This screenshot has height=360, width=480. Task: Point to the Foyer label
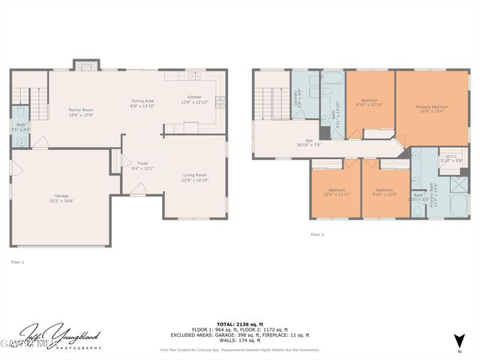(141, 162)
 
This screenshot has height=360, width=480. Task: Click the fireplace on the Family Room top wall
(82, 65)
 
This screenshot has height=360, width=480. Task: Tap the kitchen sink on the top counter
(194, 76)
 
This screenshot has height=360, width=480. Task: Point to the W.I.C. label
(452, 157)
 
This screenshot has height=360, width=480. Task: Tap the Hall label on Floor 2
(308, 140)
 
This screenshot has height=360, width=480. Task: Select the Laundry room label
(298, 96)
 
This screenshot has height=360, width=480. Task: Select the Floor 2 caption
(317, 235)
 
